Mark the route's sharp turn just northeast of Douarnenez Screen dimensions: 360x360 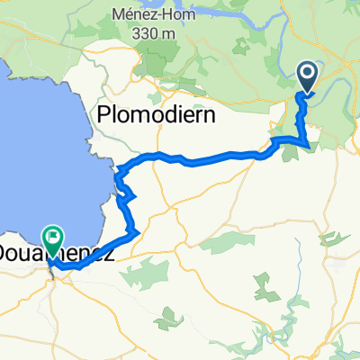click(137, 233)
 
